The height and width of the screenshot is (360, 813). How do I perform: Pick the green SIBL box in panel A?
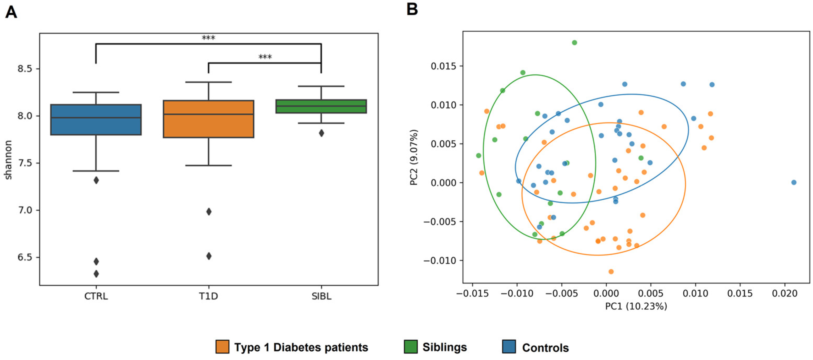[321, 106]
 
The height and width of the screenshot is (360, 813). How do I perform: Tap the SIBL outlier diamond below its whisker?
[321, 133]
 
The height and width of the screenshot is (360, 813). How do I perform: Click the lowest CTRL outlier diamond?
[96, 274]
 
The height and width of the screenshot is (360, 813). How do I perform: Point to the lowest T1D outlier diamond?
[209, 256]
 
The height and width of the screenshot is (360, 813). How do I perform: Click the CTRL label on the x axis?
[96, 296]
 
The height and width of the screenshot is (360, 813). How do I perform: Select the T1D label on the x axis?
[208, 296]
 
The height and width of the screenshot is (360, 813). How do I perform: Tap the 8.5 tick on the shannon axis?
[25, 69]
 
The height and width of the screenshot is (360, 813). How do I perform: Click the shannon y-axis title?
[8, 160]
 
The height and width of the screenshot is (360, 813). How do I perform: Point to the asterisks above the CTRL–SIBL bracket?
[208, 38]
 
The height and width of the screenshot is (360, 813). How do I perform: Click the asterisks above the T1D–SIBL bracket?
[265, 57]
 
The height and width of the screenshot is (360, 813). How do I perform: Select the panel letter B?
[412, 9]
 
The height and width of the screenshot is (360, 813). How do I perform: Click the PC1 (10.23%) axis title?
[636, 306]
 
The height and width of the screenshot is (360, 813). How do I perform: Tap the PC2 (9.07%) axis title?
[414, 157]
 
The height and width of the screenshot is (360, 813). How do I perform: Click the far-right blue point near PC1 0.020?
[794, 183]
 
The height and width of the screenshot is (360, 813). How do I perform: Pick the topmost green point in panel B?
[574, 43]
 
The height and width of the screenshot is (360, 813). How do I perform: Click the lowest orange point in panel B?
[611, 272]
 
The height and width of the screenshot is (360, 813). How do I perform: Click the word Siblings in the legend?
[444, 347]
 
